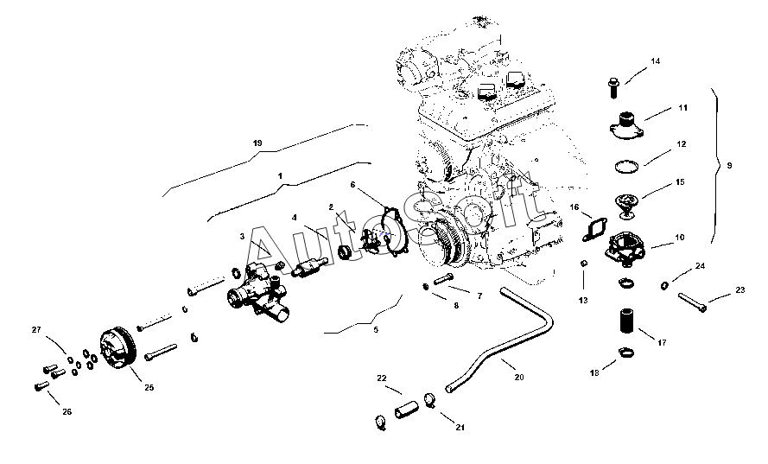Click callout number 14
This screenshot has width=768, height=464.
(655, 61)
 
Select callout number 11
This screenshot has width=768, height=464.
(682, 108)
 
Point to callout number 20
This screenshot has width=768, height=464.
(518, 377)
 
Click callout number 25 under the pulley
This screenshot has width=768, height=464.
(149, 388)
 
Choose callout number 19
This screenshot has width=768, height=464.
(257, 142)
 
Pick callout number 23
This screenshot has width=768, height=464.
(739, 290)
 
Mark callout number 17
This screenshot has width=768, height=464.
(662, 343)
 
